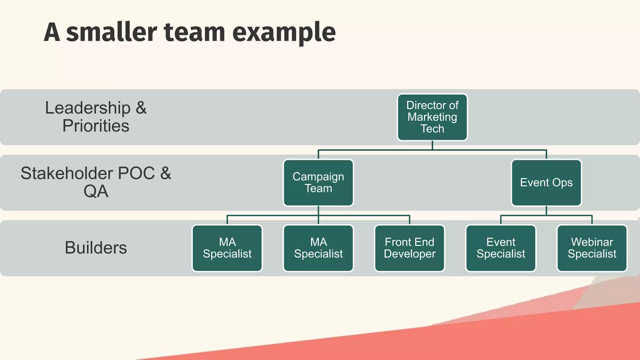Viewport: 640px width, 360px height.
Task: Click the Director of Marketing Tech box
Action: tap(432, 117)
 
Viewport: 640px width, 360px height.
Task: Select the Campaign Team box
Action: tap(318, 183)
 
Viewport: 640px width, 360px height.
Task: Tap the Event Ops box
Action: tap(546, 183)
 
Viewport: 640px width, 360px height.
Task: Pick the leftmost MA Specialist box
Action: tap(227, 248)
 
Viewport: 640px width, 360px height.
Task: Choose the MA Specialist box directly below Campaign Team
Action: tap(318, 248)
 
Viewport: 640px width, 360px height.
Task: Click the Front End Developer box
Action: tap(409, 248)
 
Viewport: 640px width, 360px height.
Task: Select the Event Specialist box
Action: tap(501, 248)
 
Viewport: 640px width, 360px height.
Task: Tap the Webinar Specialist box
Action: tap(592, 248)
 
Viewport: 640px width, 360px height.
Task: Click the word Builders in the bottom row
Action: tap(96, 248)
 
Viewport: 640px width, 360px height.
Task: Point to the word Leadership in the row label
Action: tap(88, 108)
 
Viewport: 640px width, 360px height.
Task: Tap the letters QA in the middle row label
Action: tap(96, 191)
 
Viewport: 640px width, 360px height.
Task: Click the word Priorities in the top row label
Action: tap(96, 126)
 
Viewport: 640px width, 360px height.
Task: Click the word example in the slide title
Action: tap(284, 33)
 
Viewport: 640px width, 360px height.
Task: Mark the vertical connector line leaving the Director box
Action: tap(432, 146)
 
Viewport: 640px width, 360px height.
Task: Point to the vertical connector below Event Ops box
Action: tap(546, 211)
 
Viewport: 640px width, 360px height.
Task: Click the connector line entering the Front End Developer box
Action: tap(409, 220)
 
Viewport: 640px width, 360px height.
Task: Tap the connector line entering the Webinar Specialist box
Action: tap(592, 220)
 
